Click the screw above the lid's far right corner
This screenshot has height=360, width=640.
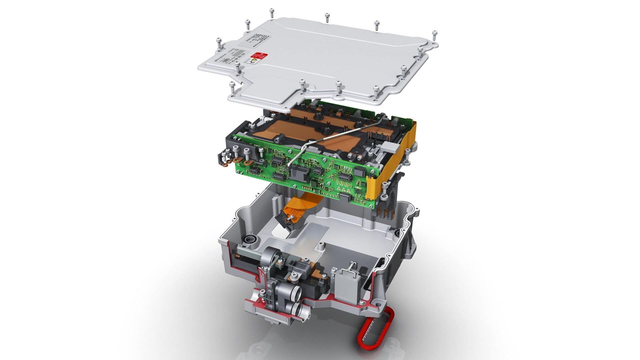(434, 34)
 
